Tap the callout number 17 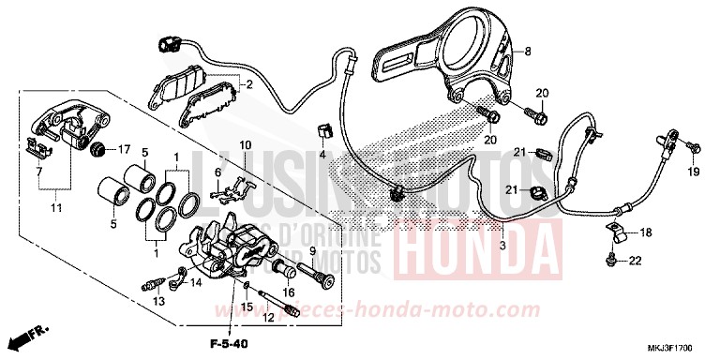[x=123, y=149]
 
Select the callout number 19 [x=695, y=172]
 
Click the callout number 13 [x=159, y=300]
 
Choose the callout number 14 [x=195, y=280]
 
